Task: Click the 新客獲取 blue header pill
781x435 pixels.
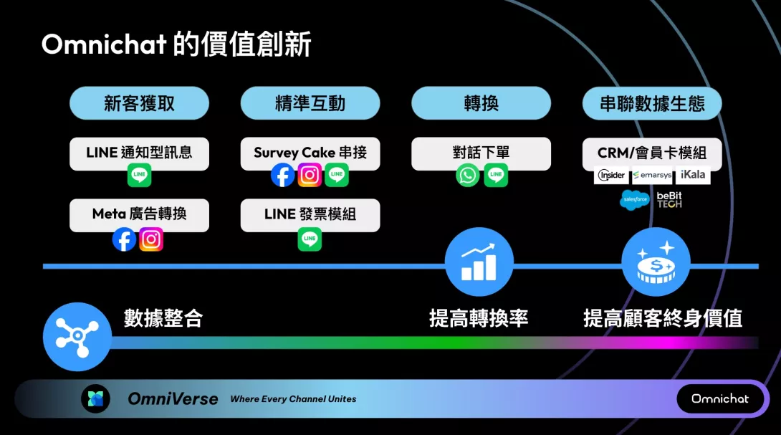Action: click(139, 103)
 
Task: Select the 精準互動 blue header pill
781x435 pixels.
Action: click(310, 103)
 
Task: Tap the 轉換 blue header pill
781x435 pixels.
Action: click(481, 103)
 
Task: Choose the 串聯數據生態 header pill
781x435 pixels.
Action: click(652, 103)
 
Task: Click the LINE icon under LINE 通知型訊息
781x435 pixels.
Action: click(139, 175)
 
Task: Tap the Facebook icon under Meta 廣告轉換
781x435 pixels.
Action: click(124, 239)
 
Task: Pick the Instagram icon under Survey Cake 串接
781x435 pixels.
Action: click(310, 175)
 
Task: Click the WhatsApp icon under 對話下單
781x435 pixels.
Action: click(468, 175)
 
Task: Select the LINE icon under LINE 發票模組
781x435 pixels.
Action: click(310, 239)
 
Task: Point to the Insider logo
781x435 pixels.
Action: click(611, 176)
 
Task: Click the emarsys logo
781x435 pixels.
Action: click(652, 176)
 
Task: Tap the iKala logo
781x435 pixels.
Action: click(693, 175)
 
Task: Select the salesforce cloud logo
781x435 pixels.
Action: click(635, 199)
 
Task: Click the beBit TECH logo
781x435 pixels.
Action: click(669, 200)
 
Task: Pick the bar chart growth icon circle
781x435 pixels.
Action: click(479, 262)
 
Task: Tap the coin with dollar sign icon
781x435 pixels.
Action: click(656, 262)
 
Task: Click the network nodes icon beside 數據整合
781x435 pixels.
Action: click(77, 336)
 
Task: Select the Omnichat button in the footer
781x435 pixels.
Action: click(720, 398)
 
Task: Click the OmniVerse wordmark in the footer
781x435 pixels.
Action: click(173, 398)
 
